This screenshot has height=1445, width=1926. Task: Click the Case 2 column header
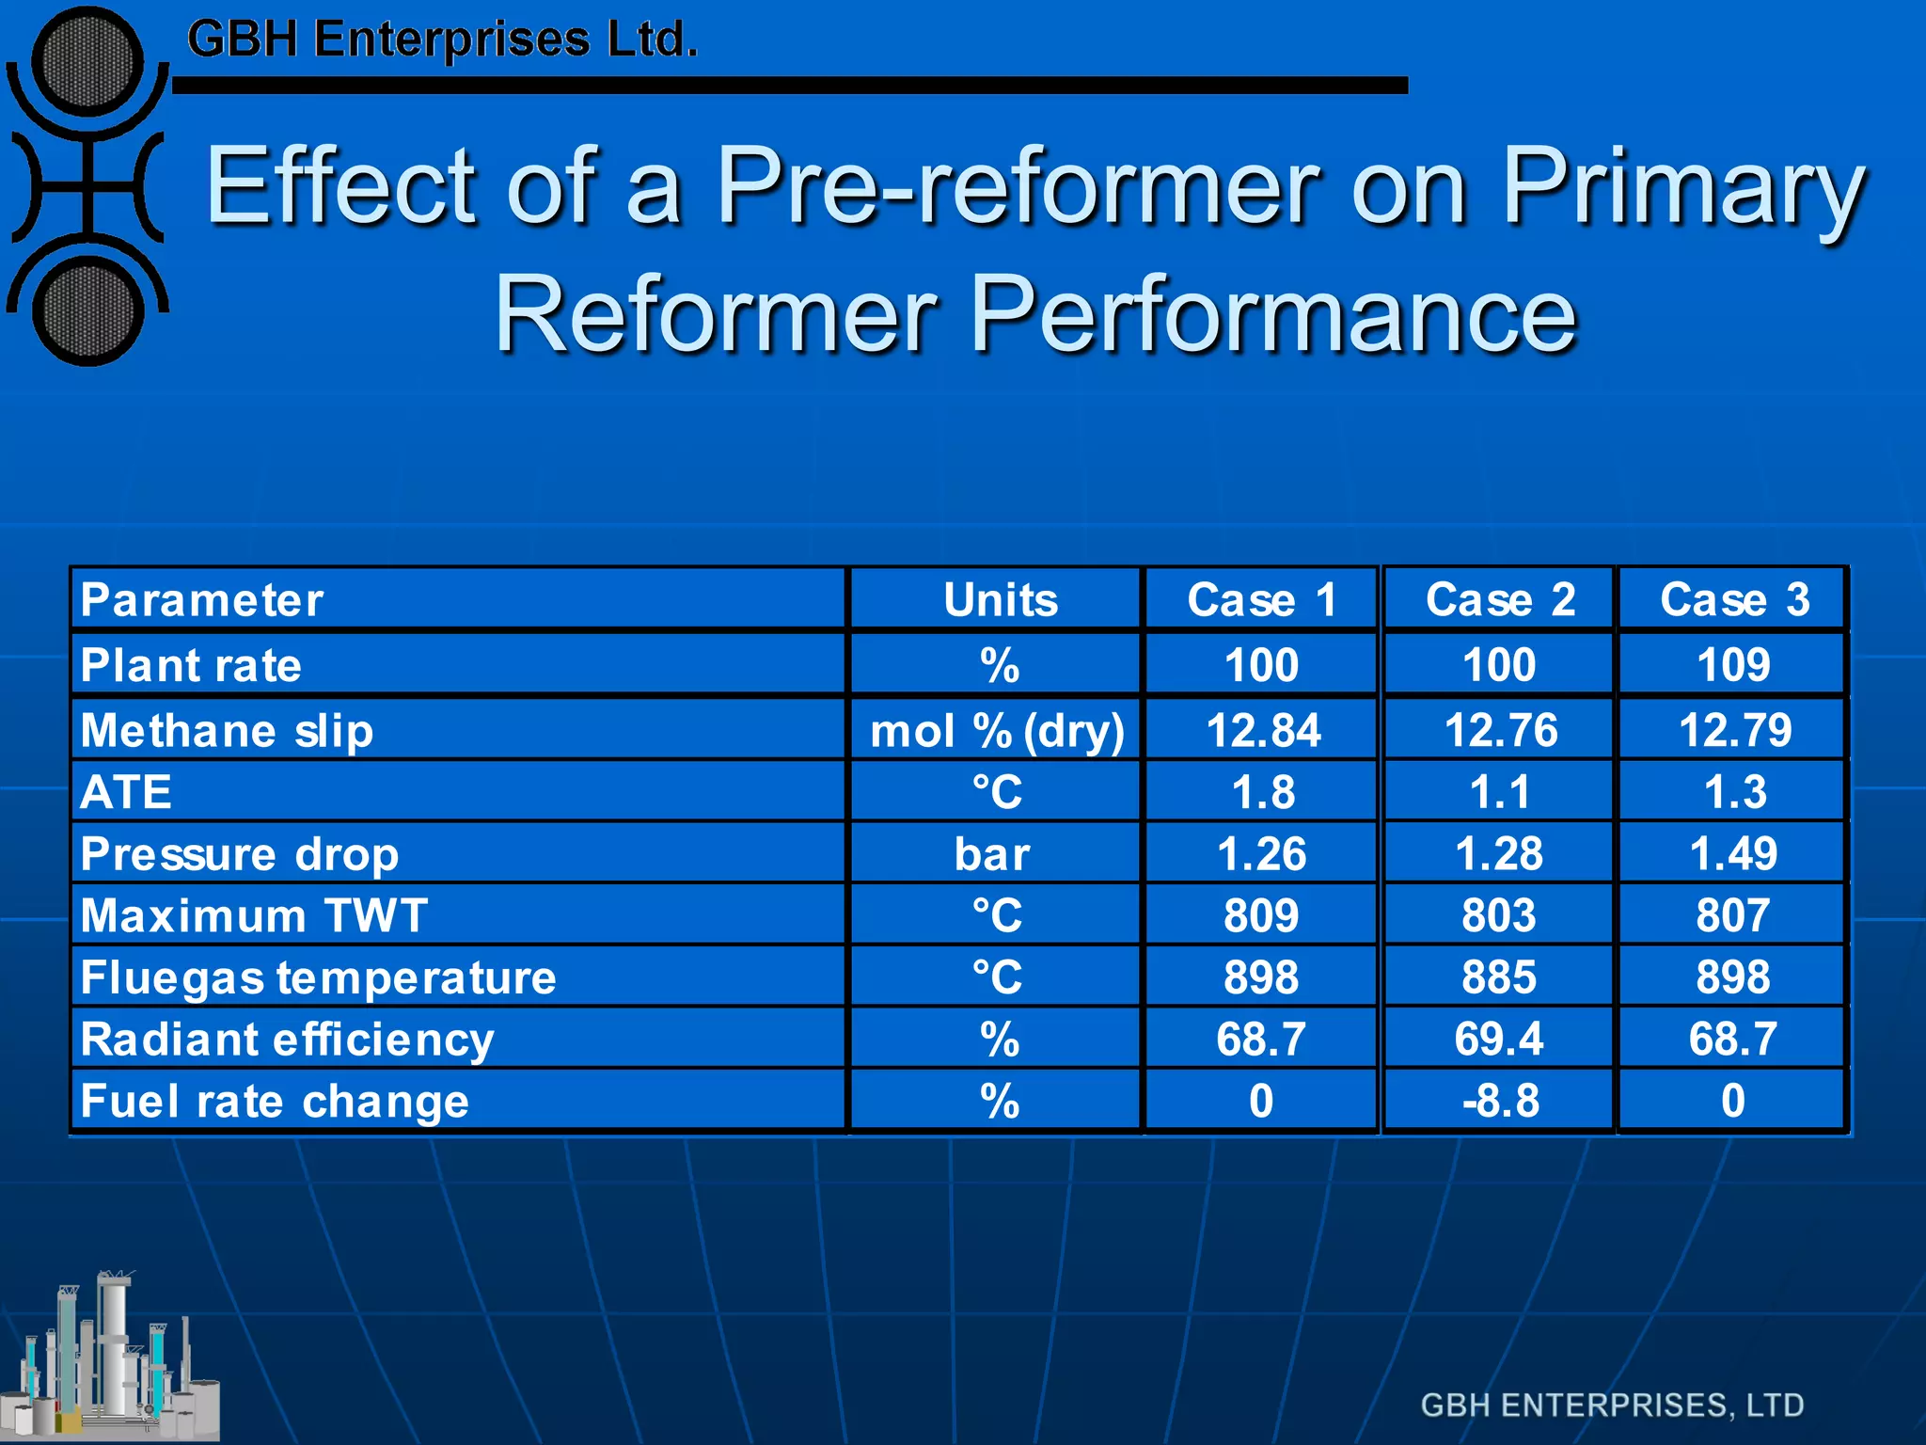(1499, 599)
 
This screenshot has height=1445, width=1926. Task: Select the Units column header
(1000, 599)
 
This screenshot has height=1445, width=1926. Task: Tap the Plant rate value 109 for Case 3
(1733, 665)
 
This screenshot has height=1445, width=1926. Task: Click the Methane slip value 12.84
(1262, 730)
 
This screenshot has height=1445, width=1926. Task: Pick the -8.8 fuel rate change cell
(1500, 1101)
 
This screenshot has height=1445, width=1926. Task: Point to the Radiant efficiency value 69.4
(1499, 1039)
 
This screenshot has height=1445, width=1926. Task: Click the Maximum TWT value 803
(1499, 915)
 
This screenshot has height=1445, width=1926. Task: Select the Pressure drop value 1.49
(1733, 854)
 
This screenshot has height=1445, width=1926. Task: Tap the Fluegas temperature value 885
(1499, 977)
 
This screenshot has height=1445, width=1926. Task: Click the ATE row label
(127, 792)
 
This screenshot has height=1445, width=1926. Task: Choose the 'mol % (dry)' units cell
(997, 731)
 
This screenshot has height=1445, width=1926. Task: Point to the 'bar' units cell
(992, 854)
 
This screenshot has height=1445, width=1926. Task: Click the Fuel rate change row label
(275, 1101)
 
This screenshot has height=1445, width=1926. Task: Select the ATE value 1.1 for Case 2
(1499, 792)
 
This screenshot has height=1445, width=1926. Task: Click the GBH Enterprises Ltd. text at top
(442, 40)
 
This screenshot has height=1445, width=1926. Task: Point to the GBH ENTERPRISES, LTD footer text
(1612, 1405)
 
